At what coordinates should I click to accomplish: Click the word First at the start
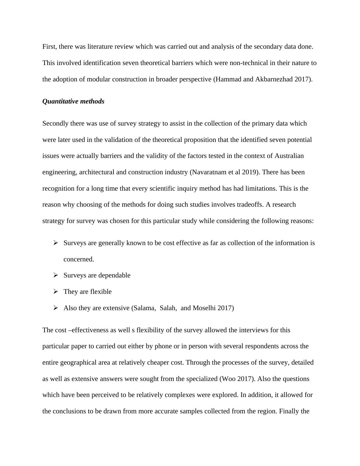pyautogui.click(x=49, y=47)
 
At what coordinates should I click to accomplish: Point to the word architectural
pyautogui.click(x=97, y=172)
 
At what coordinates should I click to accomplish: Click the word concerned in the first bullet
pyautogui.click(x=78, y=259)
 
